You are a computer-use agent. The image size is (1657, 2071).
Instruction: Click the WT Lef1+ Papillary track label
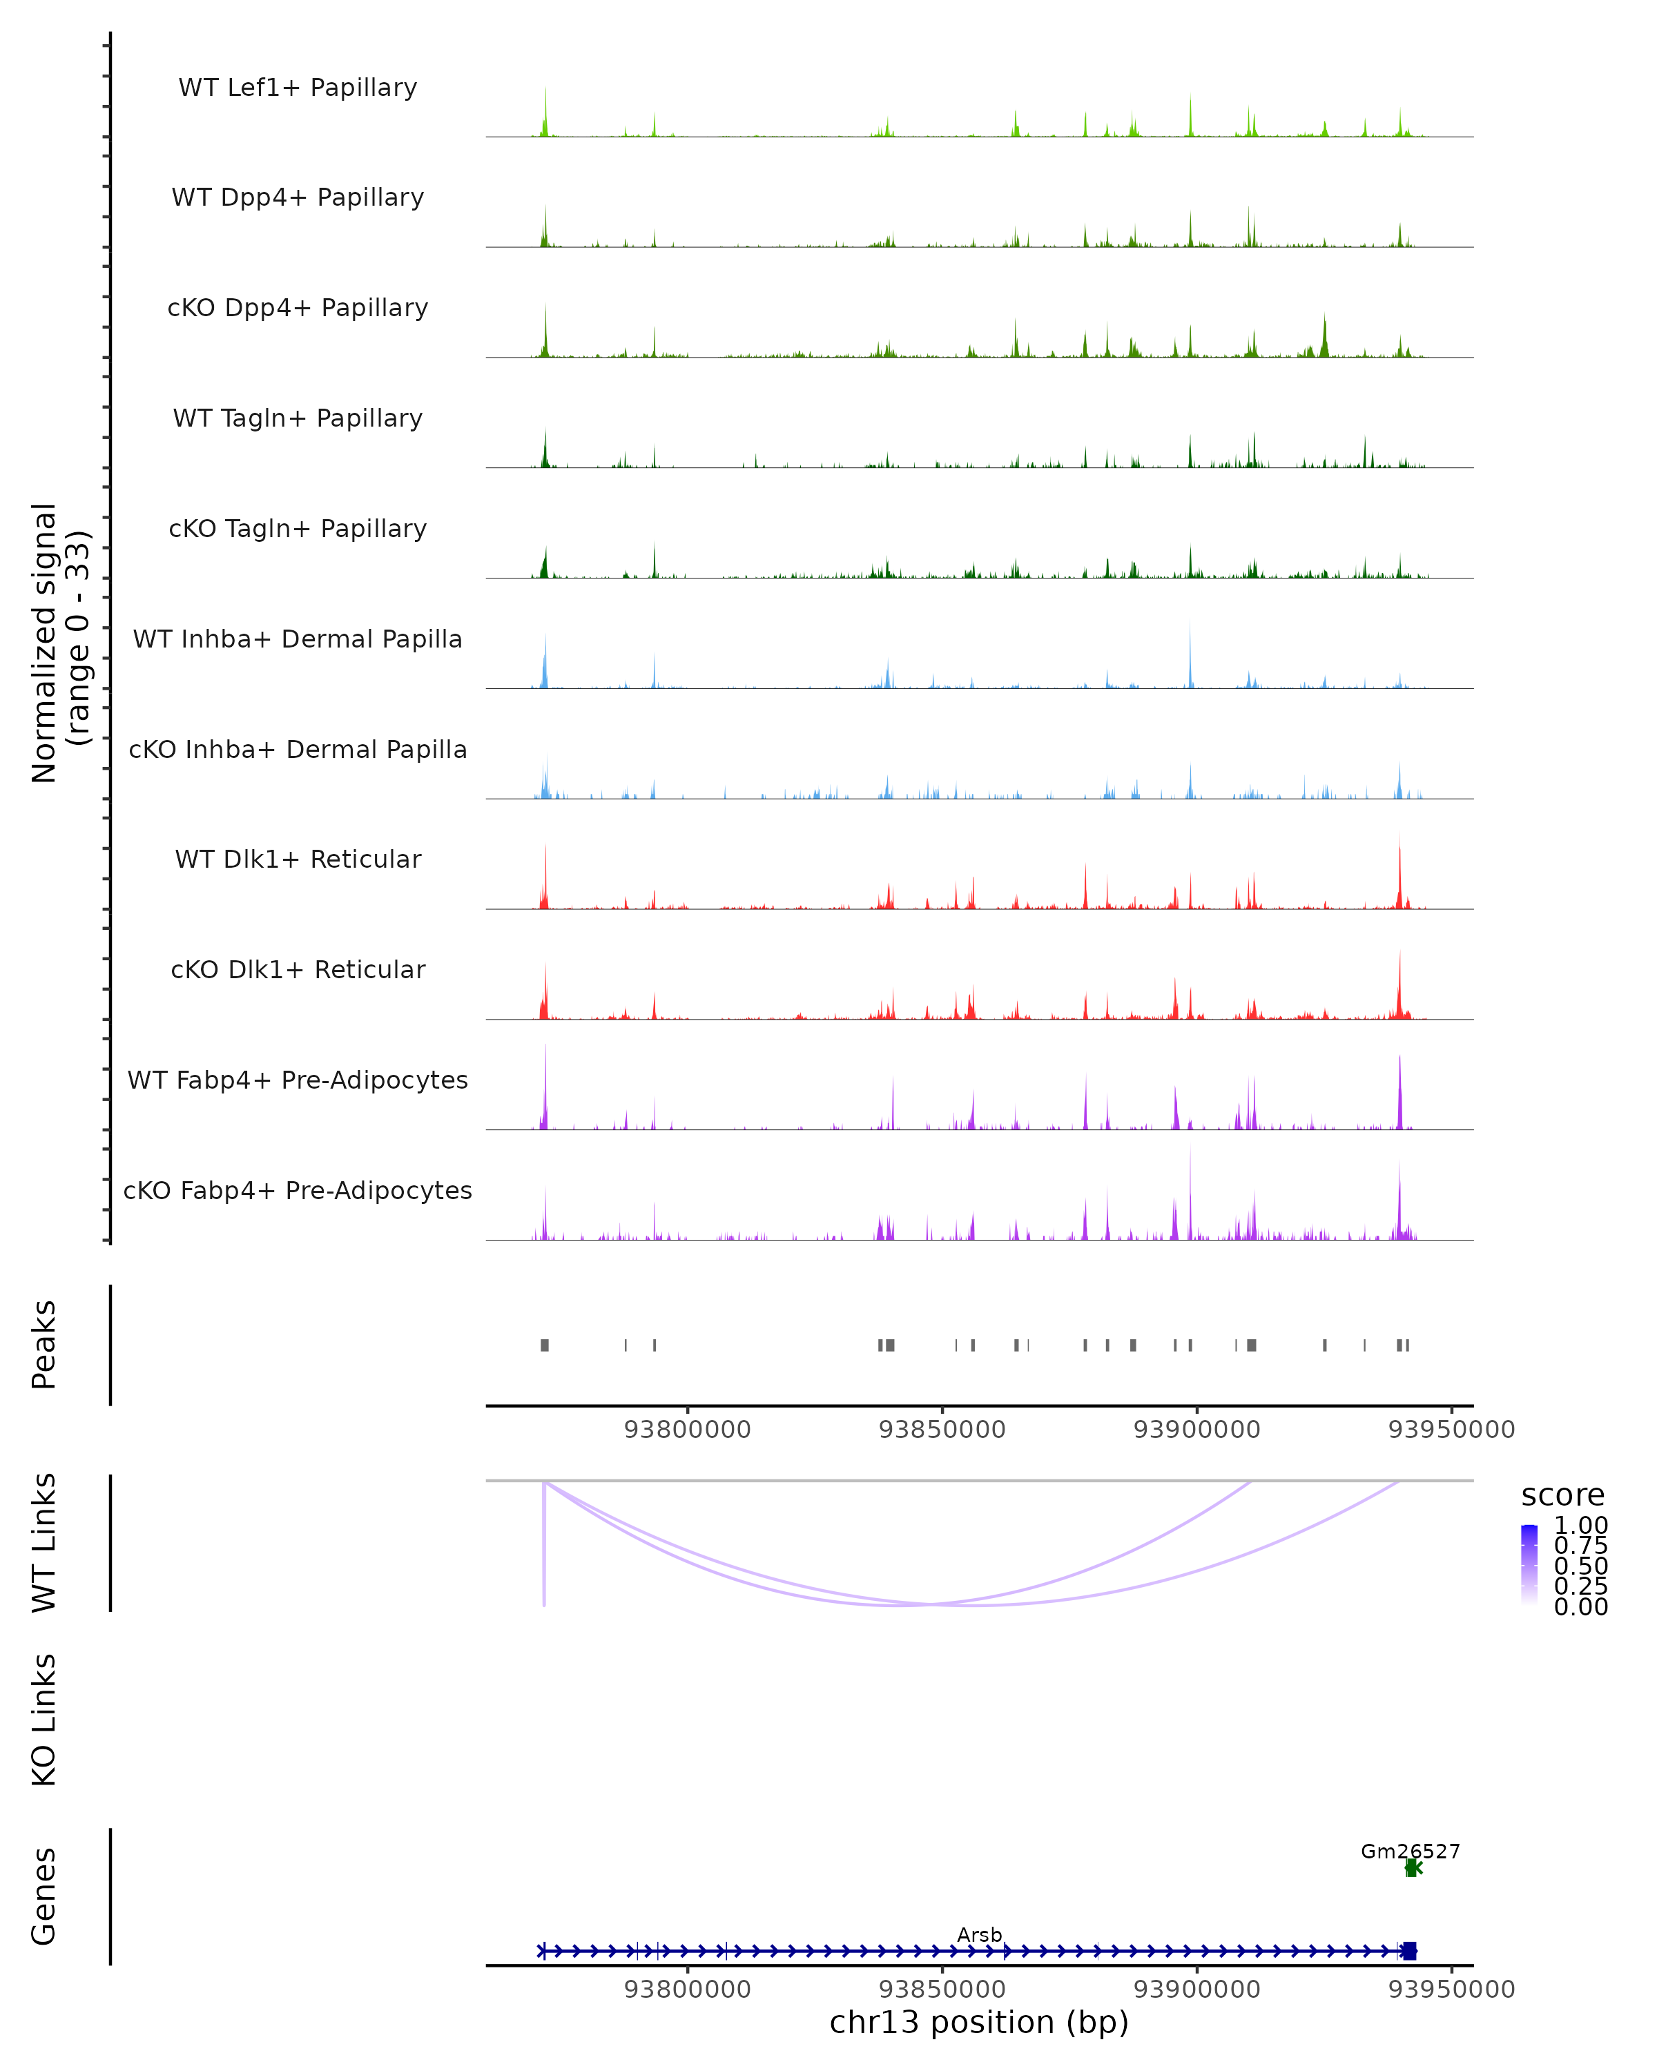pyautogui.click(x=298, y=88)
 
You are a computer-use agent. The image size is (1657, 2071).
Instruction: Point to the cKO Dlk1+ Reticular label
pyautogui.click(x=298, y=969)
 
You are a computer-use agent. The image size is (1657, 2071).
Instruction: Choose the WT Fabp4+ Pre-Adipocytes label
pyautogui.click(x=298, y=1080)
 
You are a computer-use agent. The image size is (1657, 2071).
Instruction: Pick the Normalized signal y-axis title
pyautogui.click(x=59, y=643)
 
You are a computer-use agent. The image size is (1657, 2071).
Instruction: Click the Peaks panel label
pyautogui.click(x=44, y=1344)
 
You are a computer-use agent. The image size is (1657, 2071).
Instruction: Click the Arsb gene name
pyautogui.click(x=979, y=1934)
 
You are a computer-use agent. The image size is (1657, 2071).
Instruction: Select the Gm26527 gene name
pyautogui.click(x=1410, y=1851)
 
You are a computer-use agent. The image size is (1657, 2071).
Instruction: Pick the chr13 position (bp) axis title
pyautogui.click(x=979, y=2022)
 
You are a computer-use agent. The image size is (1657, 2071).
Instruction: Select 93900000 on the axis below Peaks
pyautogui.click(x=1197, y=1430)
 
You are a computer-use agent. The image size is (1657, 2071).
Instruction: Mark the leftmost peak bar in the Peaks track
pyautogui.click(x=545, y=1345)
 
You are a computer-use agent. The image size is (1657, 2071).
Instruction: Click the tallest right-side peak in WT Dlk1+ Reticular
pyautogui.click(x=1399, y=869)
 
